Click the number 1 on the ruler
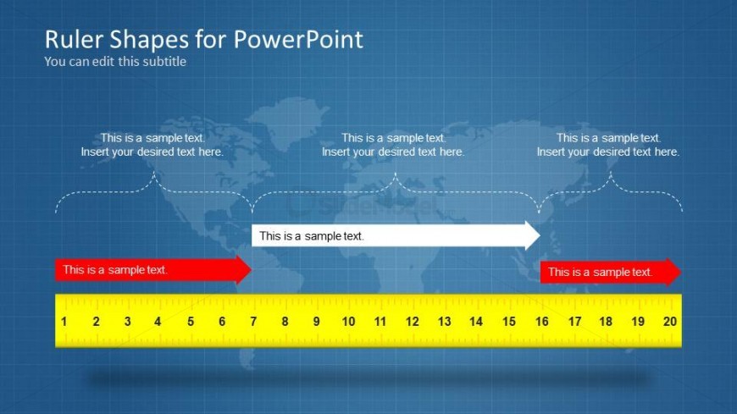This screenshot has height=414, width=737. pos(64,322)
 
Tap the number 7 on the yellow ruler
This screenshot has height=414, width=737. pos(253,322)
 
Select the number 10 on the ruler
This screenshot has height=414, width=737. pos(348,322)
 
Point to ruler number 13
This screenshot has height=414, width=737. pos(444,322)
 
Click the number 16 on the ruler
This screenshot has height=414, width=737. pos(542,322)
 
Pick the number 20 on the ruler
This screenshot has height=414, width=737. pos(670,322)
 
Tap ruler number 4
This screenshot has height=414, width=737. pos(158,322)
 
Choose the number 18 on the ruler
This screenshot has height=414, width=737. pos(606,322)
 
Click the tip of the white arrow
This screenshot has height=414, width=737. pos(540,235)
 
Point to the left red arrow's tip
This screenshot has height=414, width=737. pos(252,270)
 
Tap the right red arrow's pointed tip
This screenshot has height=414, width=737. pos(681,272)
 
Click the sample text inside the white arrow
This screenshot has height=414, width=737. pos(312,236)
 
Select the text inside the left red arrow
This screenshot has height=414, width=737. pos(115,270)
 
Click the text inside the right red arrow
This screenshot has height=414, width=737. pos(601,272)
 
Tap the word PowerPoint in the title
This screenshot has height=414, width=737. pos(298,40)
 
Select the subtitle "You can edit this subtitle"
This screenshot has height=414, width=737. pos(115,62)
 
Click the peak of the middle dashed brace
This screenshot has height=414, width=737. pos(396,173)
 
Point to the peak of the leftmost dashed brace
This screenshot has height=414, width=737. pos(154,172)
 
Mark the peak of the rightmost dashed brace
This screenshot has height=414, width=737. pos(611,172)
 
